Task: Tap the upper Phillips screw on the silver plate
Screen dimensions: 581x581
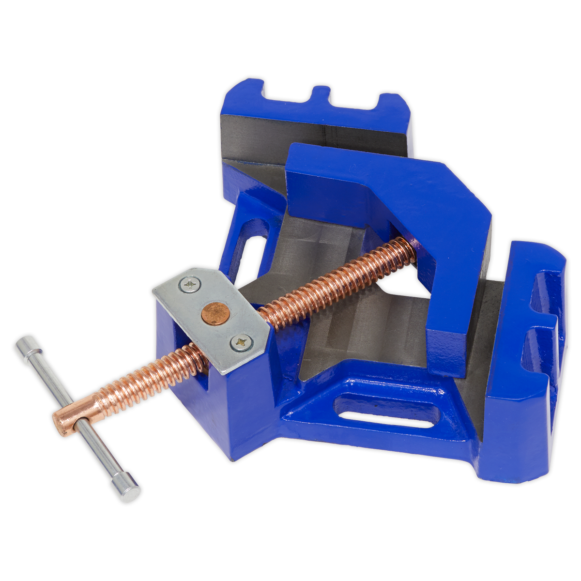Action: [x=189, y=285]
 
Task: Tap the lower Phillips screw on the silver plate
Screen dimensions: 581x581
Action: [x=240, y=342]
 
